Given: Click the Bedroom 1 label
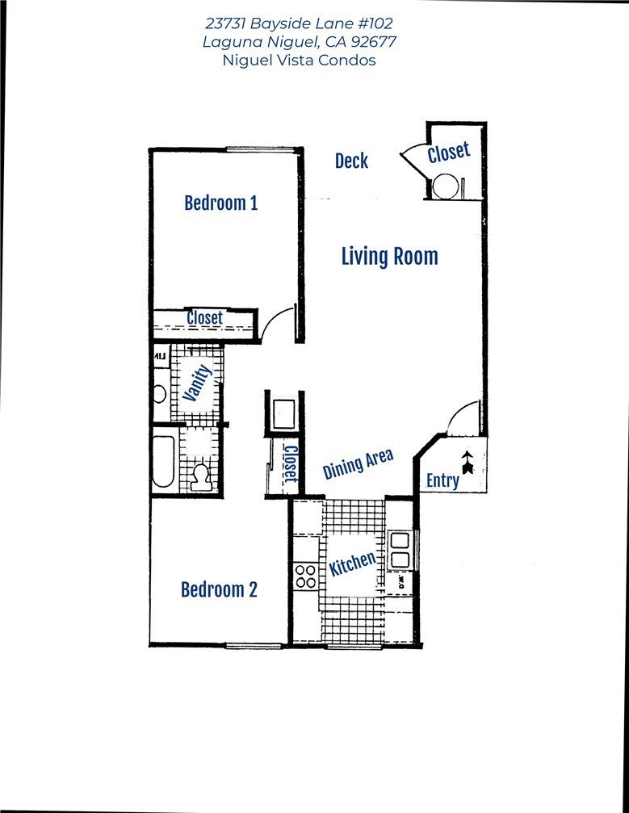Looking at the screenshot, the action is click(x=221, y=203).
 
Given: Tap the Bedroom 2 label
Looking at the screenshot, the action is click(x=219, y=589).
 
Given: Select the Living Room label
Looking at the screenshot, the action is click(x=389, y=257).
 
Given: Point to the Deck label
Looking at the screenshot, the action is click(x=351, y=161).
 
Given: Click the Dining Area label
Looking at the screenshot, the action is click(x=358, y=464).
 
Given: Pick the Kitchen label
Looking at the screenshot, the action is click(x=352, y=563).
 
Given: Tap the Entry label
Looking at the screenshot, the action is click(x=442, y=480).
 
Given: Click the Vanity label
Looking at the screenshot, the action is click(x=198, y=383).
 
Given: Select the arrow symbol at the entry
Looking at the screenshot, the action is click(x=468, y=463).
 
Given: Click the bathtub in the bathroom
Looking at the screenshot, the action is click(x=163, y=462).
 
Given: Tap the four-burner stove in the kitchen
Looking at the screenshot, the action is click(x=305, y=576).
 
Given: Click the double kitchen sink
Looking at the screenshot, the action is click(x=400, y=550).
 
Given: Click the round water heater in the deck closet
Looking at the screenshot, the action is click(x=446, y=186).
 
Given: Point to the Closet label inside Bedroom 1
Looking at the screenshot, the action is click(x=205, y=318).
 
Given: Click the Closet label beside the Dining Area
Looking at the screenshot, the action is click(x=291, y=463).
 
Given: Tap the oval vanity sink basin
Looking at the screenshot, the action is click(x=160, y=393).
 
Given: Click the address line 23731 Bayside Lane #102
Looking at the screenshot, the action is click(x=300, y=23).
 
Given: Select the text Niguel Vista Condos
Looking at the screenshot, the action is click(x=300, y=60).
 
